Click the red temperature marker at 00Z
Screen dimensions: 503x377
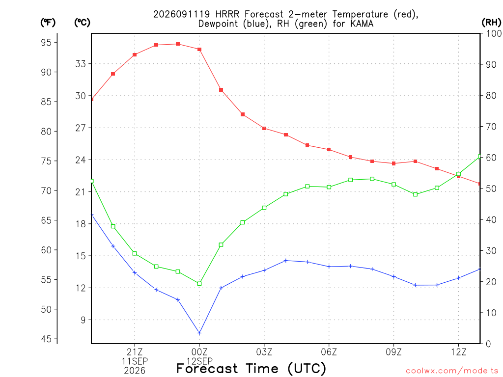tap(199, 50)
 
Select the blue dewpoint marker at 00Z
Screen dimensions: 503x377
tap(199, 333)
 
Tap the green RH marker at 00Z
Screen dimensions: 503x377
tap(199, 283)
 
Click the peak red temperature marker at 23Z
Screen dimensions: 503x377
tap(178, 44)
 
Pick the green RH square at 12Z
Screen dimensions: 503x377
tap(458, 174)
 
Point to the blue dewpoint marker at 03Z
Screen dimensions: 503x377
tap(264, 270)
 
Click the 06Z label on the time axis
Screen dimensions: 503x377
tap(329, 352)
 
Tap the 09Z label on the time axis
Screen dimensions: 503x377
tap(393, 352)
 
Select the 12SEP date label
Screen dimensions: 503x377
tap(199, 361)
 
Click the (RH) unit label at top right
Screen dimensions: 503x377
tap(491, 22)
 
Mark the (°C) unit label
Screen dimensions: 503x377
tap(82, 22)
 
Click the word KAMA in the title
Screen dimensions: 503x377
tap(362, 24)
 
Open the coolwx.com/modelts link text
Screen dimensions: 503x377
tap(452, 371)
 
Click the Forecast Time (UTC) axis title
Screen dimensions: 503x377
tap(251, 369)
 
